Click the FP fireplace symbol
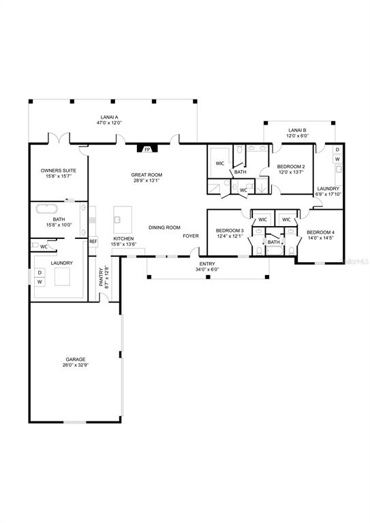tap(147, 148)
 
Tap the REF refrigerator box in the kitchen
tap(93, 241)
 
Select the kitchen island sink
tap(117, 220)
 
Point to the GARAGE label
tap(75, 359)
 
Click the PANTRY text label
tap(101, 276)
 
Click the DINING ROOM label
tap(165, 227)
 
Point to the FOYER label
tap(191, 236)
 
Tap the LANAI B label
tap(297, 129)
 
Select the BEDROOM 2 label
tap(291, 166)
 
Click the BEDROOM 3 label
tap(229, 230)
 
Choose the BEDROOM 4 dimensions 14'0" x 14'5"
tap(320, 238)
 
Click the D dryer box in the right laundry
tap(337, 149)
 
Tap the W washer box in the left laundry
tap(40, 281)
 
